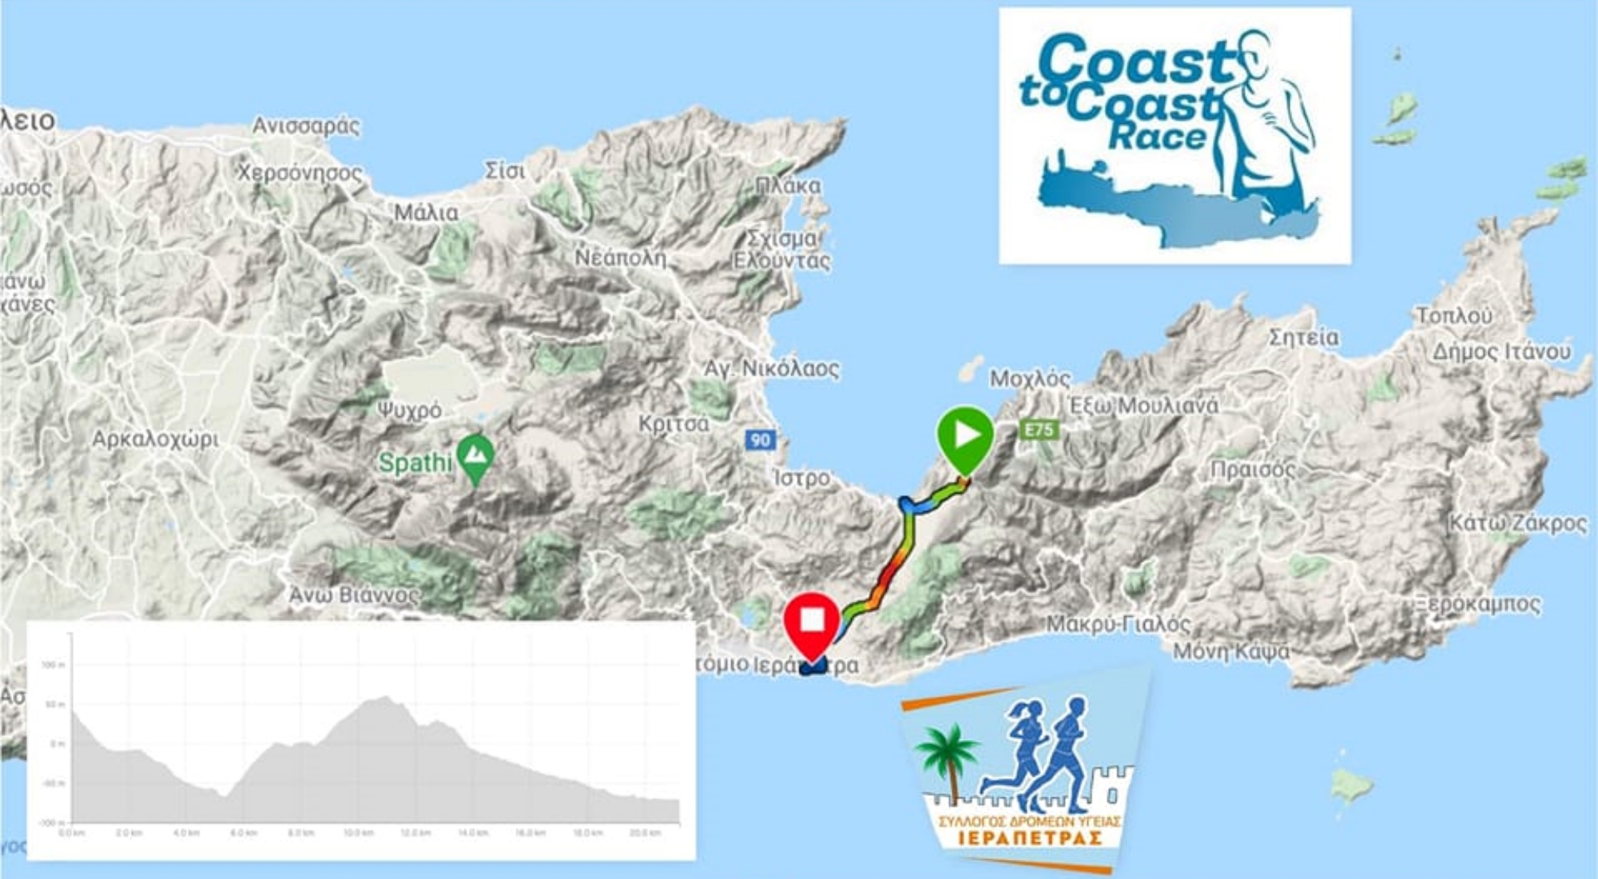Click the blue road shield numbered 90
click(x=761, y=439)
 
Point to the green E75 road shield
click(x=1039, y=430)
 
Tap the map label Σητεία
click(x=1304, y=338)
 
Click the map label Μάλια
click(x=427, y=213)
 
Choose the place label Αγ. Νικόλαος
click(x=771, y=369)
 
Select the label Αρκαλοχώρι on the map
click(x=155, y=439)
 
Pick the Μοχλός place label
click(x=1030, y=379)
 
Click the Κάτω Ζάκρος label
click(x=1518, y=524)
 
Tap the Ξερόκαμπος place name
click(x=1477, y=604)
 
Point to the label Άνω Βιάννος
click(x=354, y=595)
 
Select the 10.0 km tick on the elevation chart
click(x=358, y=833)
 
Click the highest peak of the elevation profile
click(x=386, y=698)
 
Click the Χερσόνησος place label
click(x=300, y=173)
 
